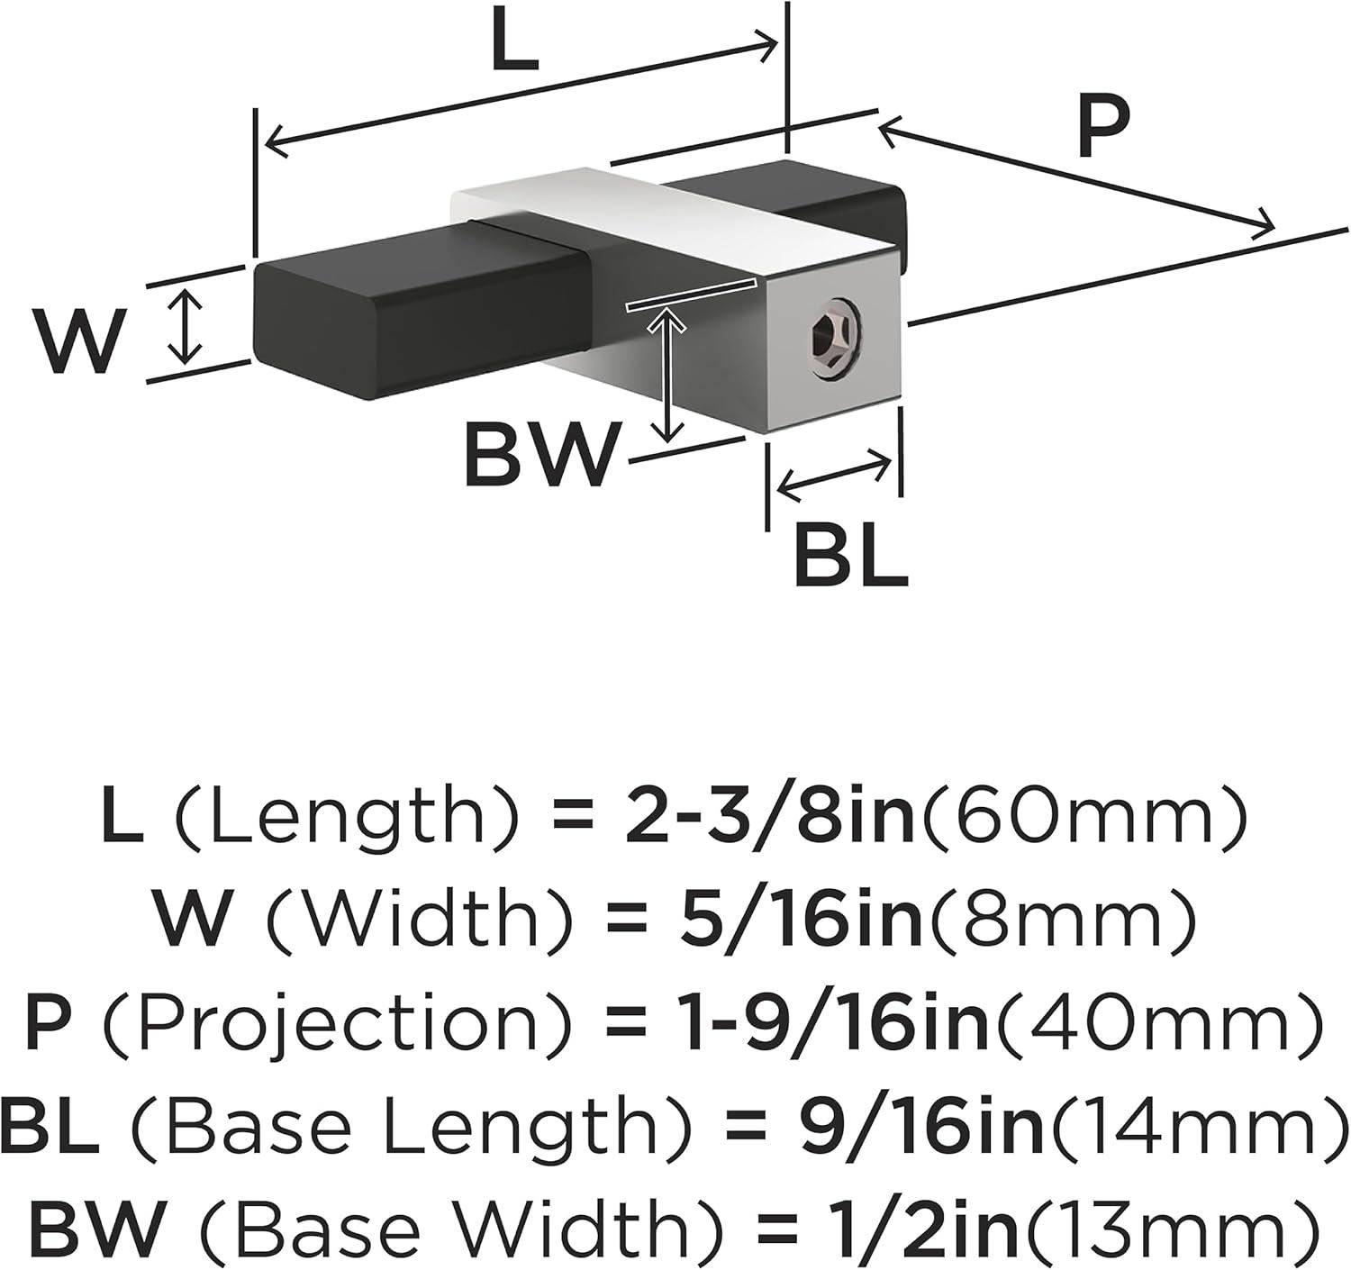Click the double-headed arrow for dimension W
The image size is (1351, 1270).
tap(185, 325)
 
